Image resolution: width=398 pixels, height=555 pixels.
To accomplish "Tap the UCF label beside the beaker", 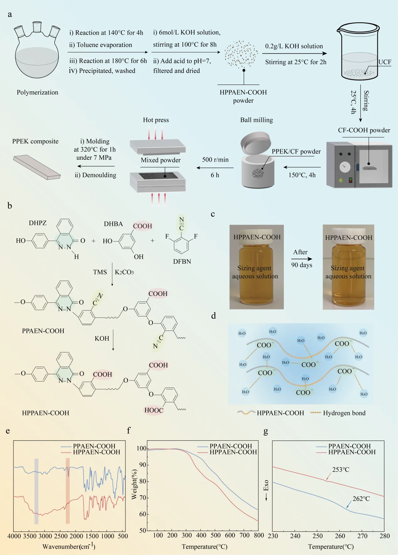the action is (385, 62).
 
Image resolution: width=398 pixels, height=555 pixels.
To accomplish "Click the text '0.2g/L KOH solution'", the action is (294, 46).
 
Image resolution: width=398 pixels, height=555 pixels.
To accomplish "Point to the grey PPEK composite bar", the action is (37, 167).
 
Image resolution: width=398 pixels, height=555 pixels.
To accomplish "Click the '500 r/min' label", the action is (215, 159).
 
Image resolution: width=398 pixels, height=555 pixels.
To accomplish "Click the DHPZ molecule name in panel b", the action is (38, 223).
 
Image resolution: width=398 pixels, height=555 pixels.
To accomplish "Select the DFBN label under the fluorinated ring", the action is (182, 262).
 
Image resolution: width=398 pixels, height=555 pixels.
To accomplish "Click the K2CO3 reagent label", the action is (124, 272).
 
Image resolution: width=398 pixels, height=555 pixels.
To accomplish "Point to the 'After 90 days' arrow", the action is (301, 259).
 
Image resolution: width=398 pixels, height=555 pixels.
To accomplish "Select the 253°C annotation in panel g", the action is (341, 469).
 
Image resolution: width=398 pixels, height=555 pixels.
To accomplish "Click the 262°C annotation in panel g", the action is (361, 499).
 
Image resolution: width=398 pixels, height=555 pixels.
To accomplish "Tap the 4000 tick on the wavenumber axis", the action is (14, 536).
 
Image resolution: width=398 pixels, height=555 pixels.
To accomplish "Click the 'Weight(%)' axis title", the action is (134, 484).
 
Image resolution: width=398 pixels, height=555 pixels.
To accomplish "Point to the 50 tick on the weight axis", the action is (142, 530).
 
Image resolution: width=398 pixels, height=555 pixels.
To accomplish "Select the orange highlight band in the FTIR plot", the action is (67, 491).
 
